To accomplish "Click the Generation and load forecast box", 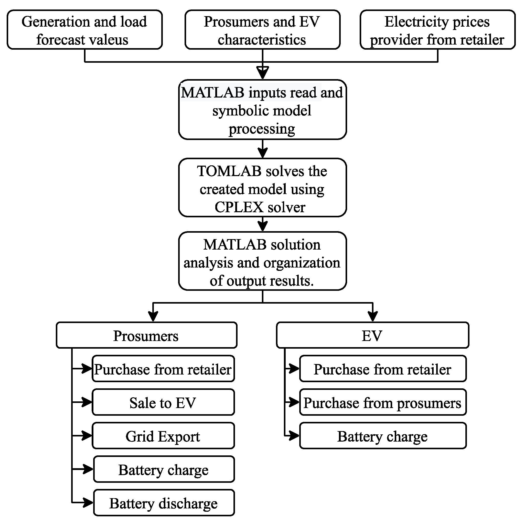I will tap(85, 30).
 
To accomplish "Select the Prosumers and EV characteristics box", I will tap(262, 30).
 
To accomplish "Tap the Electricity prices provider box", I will tap(437, 30).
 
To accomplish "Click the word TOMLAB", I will tap(229, 172).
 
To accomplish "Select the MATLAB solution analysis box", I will tap(262, 261).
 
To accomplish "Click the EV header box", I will tap(372, 335).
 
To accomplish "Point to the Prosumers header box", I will tap(146, 335).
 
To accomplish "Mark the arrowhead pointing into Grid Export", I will tap(87, 436).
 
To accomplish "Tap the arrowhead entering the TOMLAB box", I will tap(262, 153).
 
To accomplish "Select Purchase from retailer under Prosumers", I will tap(163, 369).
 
